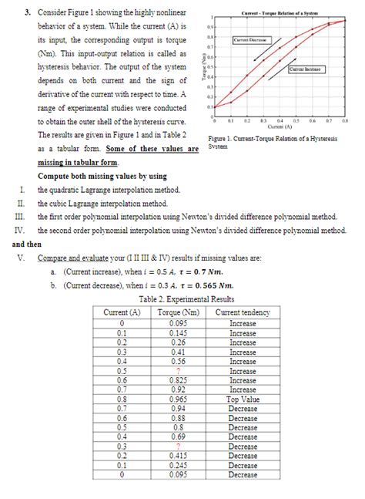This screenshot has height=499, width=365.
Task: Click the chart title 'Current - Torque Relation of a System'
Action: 280,14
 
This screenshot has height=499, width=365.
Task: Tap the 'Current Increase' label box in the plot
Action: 306,69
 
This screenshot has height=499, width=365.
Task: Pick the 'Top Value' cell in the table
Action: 243,400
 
